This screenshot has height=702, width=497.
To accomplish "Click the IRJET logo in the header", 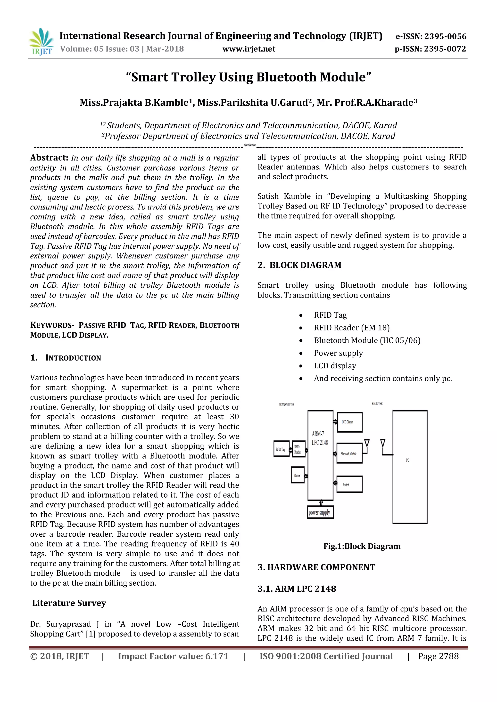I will coord(41,42).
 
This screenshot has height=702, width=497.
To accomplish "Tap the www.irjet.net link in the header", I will coord(248,49).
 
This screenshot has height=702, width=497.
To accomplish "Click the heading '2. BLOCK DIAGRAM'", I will coord(299,265).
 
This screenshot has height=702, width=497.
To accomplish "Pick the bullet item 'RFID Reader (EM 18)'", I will coord(352,328).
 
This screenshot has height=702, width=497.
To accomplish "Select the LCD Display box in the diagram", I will coord(349,422).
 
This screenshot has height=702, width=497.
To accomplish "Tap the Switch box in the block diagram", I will coord(349,484).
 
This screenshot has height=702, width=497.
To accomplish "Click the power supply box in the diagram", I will coord(320,512).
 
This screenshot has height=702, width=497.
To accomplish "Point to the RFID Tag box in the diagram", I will coord(281,449).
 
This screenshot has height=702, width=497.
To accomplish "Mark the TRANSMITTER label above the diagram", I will coord(286,405).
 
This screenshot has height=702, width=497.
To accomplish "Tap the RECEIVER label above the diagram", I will coord(377,403).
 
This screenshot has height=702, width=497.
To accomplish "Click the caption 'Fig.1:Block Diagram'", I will coord(362,546).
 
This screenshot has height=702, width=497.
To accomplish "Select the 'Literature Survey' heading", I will coord(69,603).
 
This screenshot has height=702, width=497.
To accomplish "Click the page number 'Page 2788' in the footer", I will coord(438,656).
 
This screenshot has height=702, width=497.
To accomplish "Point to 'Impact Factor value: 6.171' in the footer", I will coord(173,656).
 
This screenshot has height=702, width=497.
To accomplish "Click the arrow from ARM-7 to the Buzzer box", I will coord(306,476).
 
